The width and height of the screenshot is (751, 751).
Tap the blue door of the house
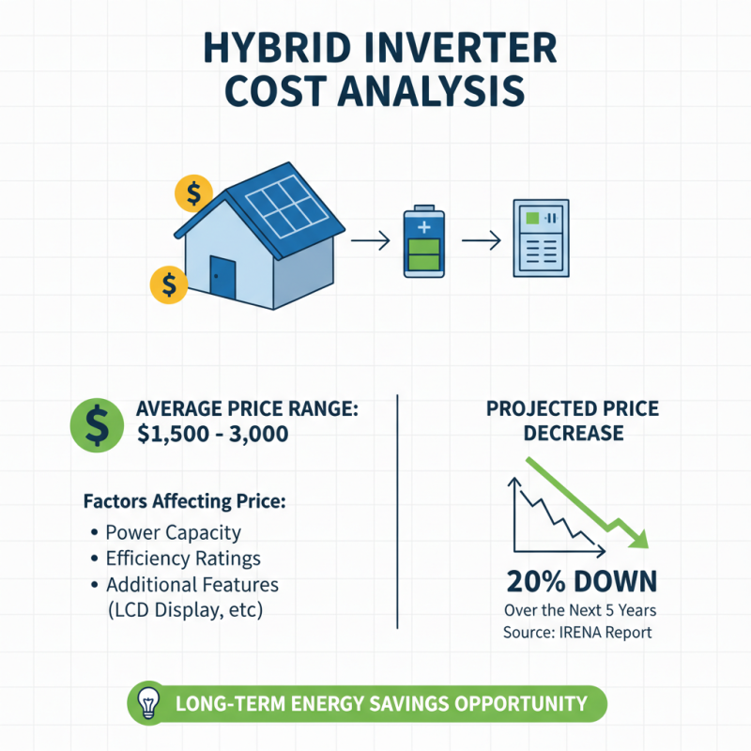[222, 278]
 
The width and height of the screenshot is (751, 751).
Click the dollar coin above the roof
[193, 194]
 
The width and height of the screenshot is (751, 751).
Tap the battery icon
[421, 243]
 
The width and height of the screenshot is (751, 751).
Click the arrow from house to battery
[370, 242]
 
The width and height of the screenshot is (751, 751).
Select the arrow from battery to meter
[481, 242]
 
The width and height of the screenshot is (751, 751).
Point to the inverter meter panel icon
[540, 238]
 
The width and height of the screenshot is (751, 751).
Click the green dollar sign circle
[96, 422]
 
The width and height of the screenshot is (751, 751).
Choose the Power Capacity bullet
[173, 532]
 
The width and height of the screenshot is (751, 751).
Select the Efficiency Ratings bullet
[182, 559]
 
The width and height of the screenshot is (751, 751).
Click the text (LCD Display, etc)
[184, 610]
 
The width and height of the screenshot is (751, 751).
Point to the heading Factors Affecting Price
[183, 501]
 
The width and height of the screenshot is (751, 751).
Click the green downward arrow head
[640, 539]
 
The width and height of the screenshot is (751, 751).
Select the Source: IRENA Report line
[576, 632]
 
